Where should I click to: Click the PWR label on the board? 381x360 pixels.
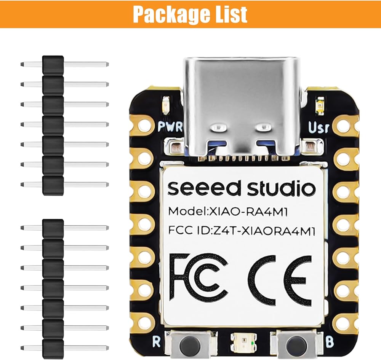168,126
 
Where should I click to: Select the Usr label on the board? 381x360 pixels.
319,127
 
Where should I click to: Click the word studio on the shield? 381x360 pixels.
282,188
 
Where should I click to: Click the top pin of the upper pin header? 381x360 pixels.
65,64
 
